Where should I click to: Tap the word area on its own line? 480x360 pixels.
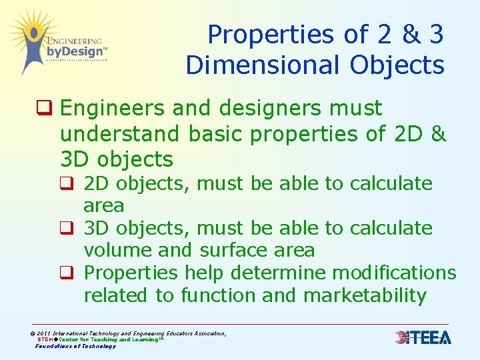click(104, 205)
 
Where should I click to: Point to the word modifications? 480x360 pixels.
click(394, 273)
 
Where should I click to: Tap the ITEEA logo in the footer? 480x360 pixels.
click(423, 338)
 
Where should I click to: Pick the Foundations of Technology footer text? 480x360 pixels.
click(75, 346)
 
